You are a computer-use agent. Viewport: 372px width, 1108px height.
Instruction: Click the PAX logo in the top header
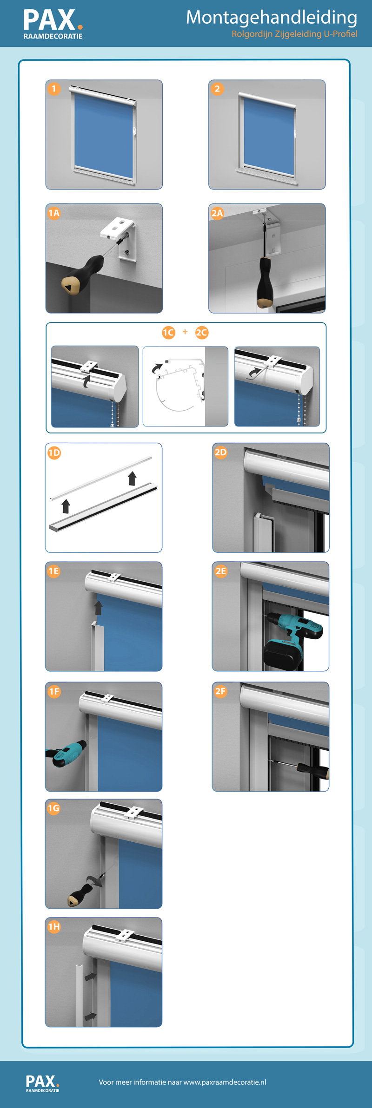tap(53, 25)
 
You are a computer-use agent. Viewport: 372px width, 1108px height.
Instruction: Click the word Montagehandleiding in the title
tap(272, 18)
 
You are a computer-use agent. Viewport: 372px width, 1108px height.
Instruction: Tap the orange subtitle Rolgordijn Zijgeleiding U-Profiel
tap(294, 34)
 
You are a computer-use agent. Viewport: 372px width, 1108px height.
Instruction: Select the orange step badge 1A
tap(54, 213)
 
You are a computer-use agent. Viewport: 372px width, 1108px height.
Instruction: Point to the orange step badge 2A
tap(217, 213)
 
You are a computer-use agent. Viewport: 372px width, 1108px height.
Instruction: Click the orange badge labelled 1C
tap(168, 332)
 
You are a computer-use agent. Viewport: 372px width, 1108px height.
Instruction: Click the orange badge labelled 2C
tap(201, 332)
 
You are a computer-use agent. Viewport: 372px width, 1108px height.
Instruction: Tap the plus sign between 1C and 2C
tap(185, 332)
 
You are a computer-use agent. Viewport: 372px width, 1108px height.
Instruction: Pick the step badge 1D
tap(54, 452)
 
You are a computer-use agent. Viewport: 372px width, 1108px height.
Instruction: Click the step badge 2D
tap(220, 452)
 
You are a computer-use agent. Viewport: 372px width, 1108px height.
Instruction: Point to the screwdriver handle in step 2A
tap(265, 282)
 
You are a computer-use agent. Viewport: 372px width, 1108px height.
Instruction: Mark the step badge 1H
tap(54, 927)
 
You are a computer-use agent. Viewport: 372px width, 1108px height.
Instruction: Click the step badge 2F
tap(220, 691)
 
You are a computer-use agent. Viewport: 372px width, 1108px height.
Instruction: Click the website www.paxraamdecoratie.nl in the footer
tap(225, 1082)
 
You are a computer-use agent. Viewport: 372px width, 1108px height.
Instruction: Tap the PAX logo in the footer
tap(43, 1083)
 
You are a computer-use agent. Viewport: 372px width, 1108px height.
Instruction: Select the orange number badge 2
tap(217, 89)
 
